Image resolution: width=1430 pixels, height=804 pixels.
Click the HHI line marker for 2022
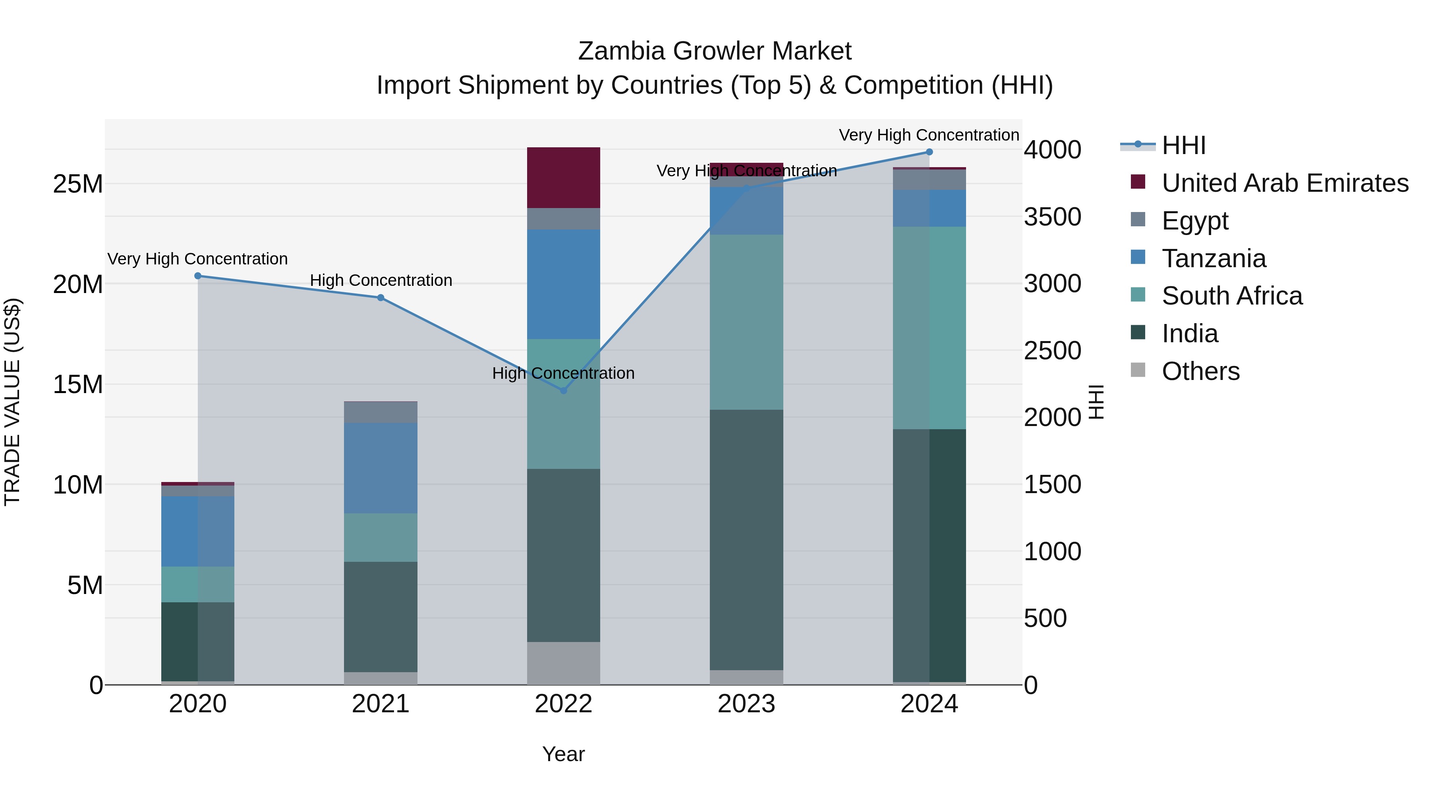point(563,391)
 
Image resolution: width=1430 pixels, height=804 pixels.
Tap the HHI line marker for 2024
point(929,152)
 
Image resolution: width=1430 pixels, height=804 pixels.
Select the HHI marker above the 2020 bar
point(198,276)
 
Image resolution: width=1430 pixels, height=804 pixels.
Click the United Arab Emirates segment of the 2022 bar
point(563,177)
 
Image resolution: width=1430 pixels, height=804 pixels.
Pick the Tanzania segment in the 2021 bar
point(381,468)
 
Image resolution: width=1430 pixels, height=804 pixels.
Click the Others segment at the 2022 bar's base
point(563,663)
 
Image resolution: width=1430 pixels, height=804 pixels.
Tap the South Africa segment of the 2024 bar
point(929,328)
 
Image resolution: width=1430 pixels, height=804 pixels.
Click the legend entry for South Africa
point(1231,296)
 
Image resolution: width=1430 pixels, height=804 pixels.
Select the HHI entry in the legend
point(1183,145)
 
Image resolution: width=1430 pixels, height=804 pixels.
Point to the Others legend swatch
point(1138,370)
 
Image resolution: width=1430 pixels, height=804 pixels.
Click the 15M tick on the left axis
point(78,384)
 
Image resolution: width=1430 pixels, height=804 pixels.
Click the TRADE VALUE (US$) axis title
point(12,402)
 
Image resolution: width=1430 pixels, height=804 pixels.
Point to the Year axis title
point(563,754)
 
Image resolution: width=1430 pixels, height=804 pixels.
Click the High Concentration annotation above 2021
point(381,280)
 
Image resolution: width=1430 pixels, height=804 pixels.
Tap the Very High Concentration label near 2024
point(929,135)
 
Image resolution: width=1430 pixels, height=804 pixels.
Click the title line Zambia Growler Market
point(715,51)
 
